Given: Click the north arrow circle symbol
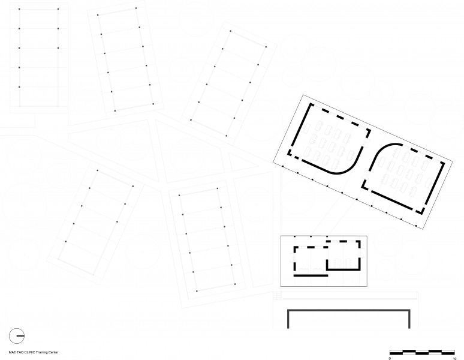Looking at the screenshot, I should click(17, 335).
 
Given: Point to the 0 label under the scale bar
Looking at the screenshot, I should click(390, 358).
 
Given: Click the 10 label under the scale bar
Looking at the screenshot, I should click(456, 358).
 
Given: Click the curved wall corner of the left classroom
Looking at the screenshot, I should click(351, 164).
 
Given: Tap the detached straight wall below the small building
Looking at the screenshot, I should click(311, 275).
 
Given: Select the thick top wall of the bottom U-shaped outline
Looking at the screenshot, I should click(348, 310).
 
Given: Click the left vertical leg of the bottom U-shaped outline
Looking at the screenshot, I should click(288, 319).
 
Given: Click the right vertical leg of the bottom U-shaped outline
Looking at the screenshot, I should click(409, 319).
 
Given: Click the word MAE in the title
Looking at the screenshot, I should click(11, 352).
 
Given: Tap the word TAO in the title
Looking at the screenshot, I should click(19, 352).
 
